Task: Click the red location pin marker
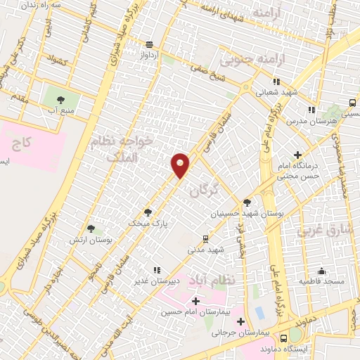(x=181, y=164)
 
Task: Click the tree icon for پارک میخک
(x=147, y=212)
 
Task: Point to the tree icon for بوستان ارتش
(x=90, y=228)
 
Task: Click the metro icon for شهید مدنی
(x=205, y=238)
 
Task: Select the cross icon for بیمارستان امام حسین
(x=195, y=301)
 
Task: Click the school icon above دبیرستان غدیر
(x=157, y=270)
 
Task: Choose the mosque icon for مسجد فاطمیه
(x=322, y=271)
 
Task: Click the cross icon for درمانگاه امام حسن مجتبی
(x=298, y=154)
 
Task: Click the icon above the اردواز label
(x=148, y=41)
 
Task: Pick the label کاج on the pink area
(x=21, y=144)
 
